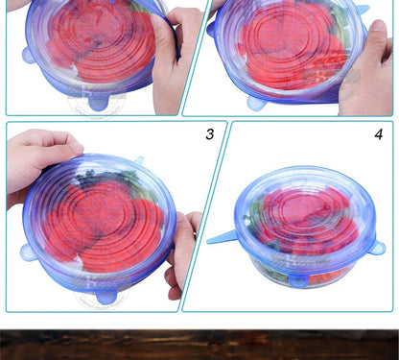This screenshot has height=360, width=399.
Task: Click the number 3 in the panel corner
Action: coord(209,134)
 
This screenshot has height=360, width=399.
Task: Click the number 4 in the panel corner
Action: coord(378,134)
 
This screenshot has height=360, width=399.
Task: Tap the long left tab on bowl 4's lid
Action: coord(223,235)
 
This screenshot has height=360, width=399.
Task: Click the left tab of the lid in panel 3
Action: coord(28,252)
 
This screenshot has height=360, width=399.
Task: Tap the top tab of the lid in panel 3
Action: coord(138,160)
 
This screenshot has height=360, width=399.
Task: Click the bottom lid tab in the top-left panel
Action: coord(99,99)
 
